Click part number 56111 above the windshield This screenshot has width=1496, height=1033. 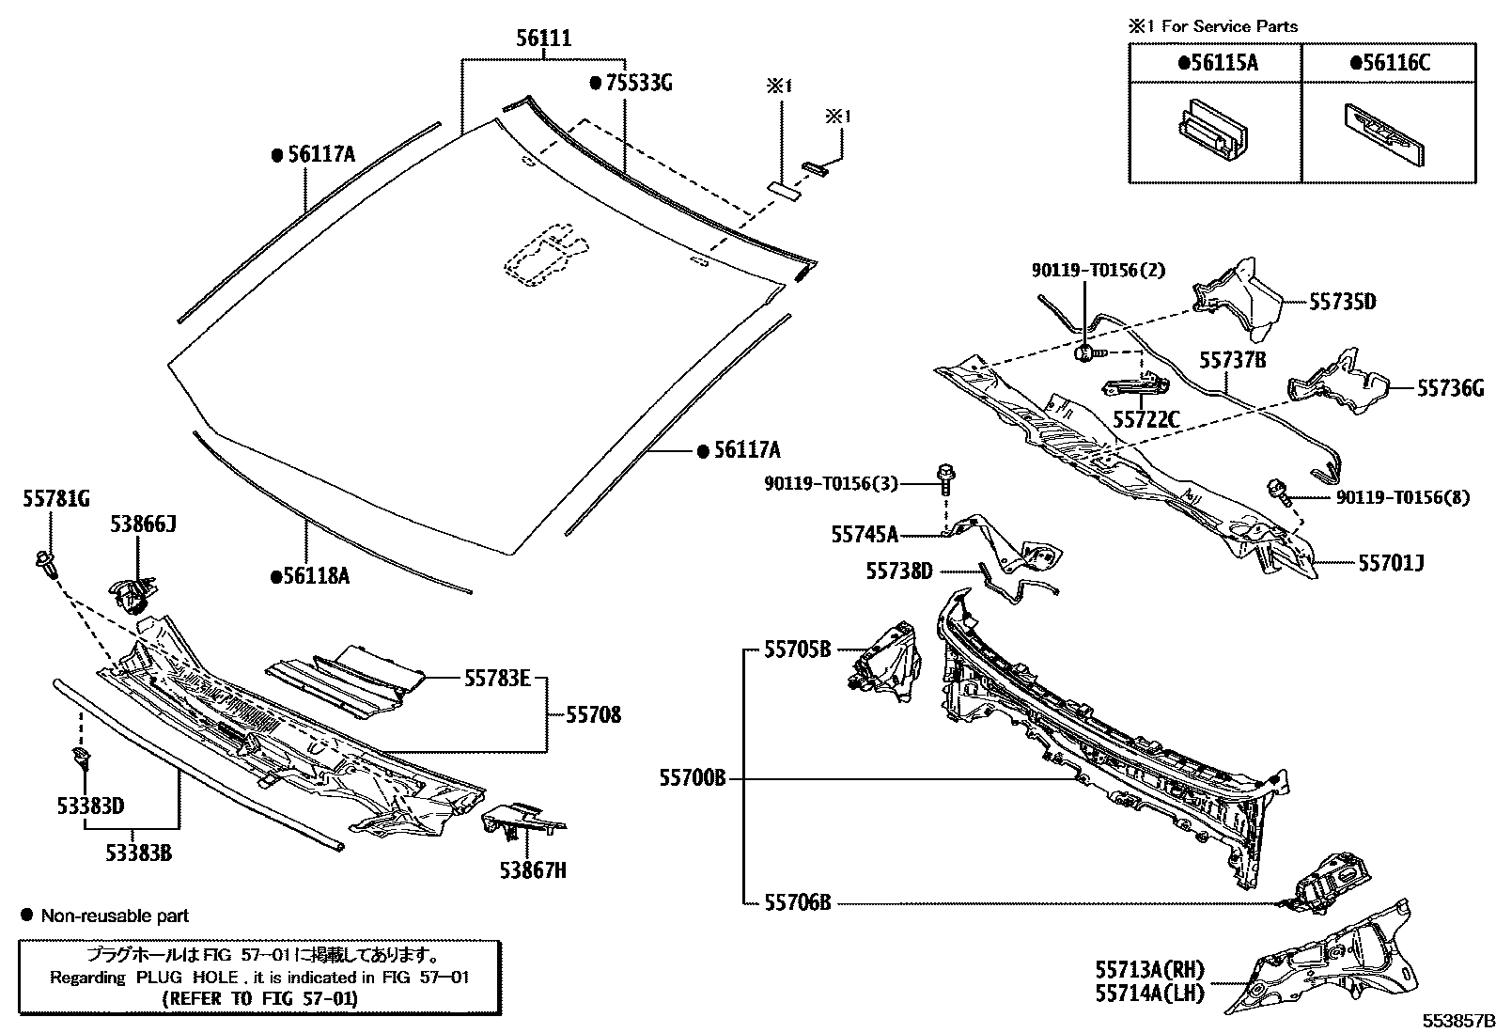pyautogui.click(x=542, y=39)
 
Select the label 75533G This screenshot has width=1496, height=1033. pyautogui.click(x=638, y=83)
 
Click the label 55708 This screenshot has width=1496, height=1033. pyautogui.click(x=593, y=715)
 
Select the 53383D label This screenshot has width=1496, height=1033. pyautogui.click(x=90, y=806)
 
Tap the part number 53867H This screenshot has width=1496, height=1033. pyautogui.click(x=533, y=870)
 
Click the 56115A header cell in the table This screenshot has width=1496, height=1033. pyautogui.click(x=1216, y=63)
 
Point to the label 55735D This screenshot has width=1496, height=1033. pyautogui.click(x=1343, y=302)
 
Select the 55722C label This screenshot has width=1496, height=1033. pyautogui.click(x=1145, y=419)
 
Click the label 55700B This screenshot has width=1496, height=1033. pyautogui.click(x=693, y=778)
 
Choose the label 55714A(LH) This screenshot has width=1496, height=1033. pyautogui.click(x=1148, y=993)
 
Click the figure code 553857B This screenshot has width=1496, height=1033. pyautogui.click(x=1457, y=1020)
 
